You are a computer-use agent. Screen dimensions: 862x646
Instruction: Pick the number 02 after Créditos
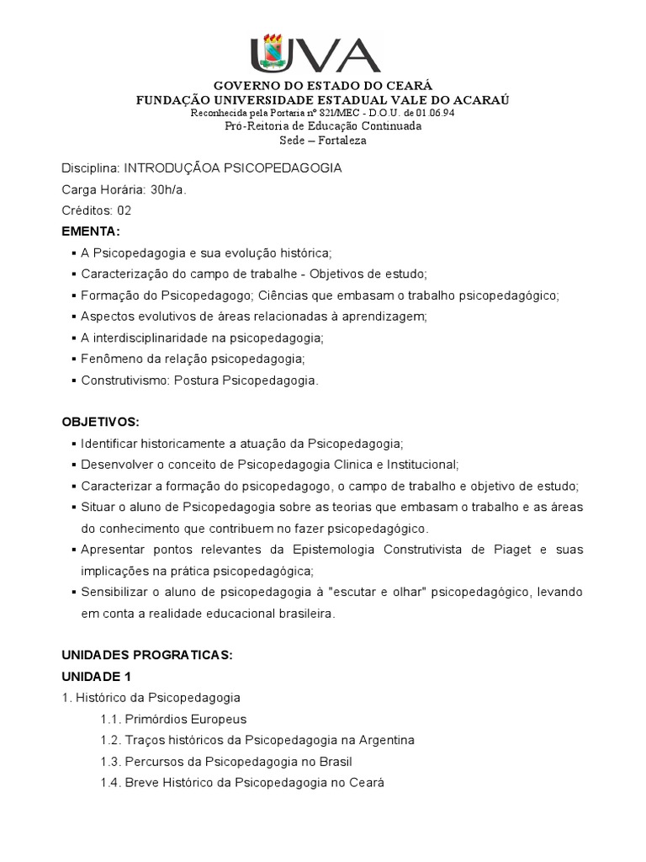(x=124, y=210)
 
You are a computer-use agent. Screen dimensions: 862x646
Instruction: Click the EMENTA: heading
(x=92, y=231)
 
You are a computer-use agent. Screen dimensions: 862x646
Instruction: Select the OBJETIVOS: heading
(x=101, y=421)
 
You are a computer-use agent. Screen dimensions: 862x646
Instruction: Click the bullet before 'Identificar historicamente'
(x=74, y=443)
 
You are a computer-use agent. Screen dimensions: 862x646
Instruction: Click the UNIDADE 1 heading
(x=97, y=676)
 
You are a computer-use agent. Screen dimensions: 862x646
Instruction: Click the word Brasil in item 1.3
(x=331, y=762)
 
